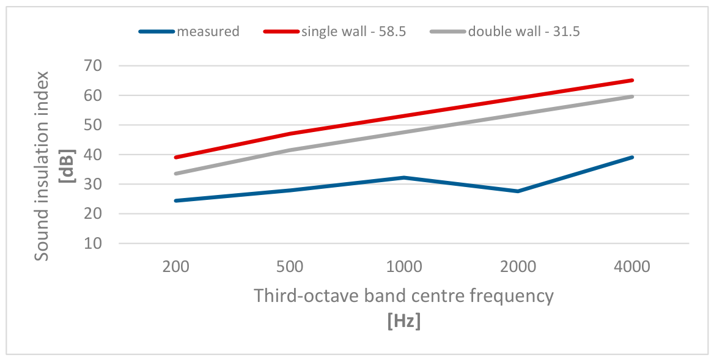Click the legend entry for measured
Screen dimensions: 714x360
(x=189, y=31)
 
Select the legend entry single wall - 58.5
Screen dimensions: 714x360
(x=334, y=31)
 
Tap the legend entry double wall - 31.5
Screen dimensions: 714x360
(x=505, y=31)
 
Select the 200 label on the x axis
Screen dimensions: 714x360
(x=176, y=266)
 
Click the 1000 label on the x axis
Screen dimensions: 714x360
(x=404, y=266)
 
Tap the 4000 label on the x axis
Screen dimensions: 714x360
(x=632, y=266)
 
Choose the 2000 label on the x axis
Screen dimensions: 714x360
(x=518, y=266)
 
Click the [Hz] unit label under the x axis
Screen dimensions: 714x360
(x=404, y=322)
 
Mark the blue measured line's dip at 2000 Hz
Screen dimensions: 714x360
(x=518, y=191)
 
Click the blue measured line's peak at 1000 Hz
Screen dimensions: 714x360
(x=404, y=177)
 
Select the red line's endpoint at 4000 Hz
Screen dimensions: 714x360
(x=632, y=81)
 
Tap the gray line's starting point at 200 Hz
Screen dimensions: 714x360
(x=176, y=174)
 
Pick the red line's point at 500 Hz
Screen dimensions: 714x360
(x=290, y=134)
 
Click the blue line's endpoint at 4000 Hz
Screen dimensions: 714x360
(x=632, y=158)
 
